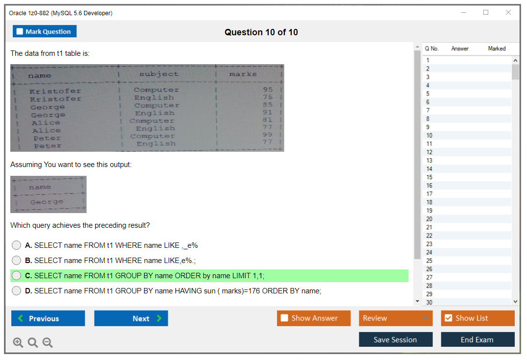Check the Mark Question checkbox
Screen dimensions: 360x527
coord(20,32)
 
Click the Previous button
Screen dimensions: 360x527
coord(48,318)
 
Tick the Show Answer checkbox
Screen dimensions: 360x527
coord(285,318)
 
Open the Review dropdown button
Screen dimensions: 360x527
coord(396,318)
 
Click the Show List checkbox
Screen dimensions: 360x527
coord(448,318)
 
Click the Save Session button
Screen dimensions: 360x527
coord(395,339)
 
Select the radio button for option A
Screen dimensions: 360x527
coord(17,245)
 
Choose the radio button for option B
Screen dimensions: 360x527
coord(17,261)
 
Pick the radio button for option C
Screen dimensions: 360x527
coord(17,276)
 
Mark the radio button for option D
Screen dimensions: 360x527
coord(17,291)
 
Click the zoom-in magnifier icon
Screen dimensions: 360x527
coord(18,343)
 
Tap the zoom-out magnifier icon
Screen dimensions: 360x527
coord(48,343)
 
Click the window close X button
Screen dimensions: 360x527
coord(508,13)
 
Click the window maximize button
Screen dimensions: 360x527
coord(486,13)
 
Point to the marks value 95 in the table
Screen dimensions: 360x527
coord(268,90)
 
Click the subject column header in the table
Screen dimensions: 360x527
coord(159,74)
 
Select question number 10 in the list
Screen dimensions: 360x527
coord(429,136)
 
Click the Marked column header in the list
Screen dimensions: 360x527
coord(497,48)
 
